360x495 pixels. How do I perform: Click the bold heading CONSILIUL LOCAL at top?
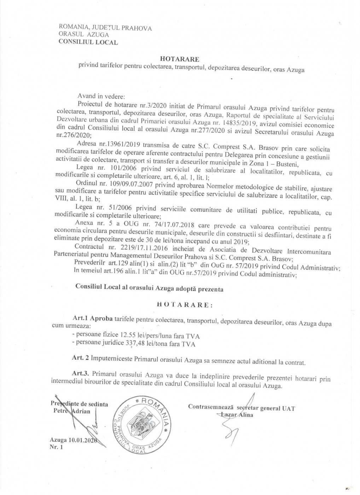tap(88, 42)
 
